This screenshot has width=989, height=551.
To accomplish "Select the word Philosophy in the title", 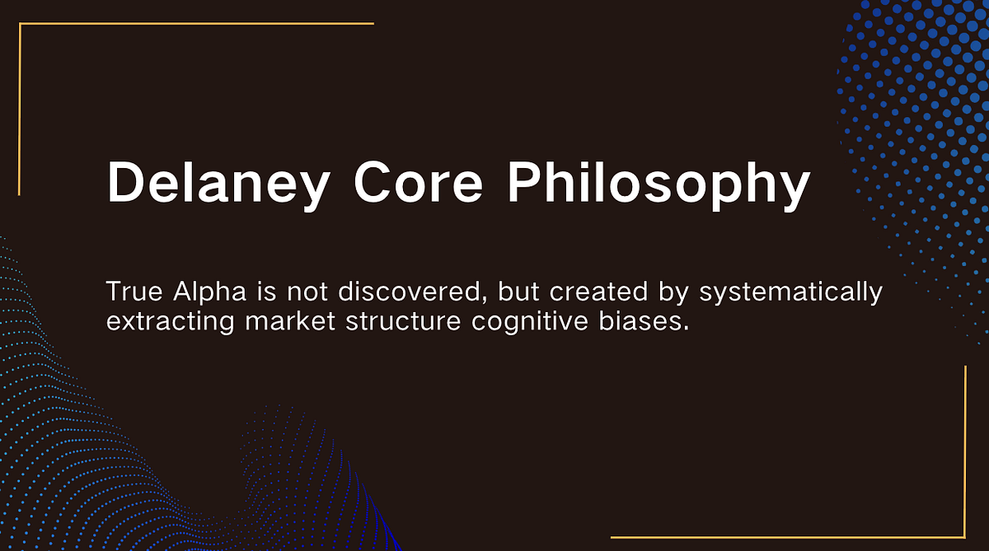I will [x=659, y=183].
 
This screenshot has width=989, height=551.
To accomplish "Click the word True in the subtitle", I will [x=132, y=292].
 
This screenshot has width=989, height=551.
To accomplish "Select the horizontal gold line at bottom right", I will [x=787, y=537].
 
